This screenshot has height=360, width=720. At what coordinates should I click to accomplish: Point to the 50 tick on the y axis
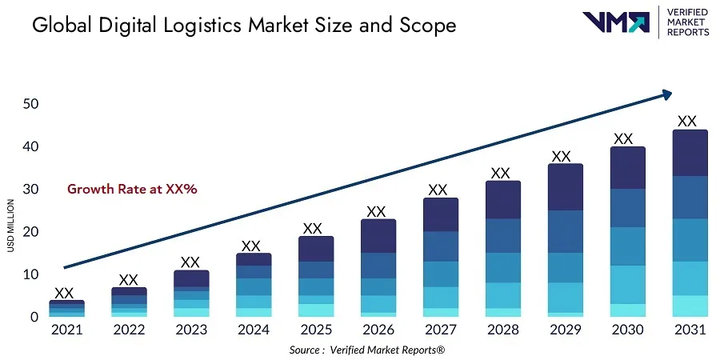30,104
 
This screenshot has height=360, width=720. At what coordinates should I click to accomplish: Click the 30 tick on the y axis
30,190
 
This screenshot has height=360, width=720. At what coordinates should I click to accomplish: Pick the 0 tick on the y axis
34,318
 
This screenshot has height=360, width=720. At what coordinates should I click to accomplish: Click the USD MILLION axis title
10,225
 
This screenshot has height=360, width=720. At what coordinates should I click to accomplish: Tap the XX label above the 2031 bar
686,121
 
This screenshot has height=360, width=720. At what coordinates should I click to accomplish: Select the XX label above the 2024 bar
251,246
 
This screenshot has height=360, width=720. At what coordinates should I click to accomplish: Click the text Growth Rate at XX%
132,190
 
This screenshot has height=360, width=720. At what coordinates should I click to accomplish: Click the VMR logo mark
615,22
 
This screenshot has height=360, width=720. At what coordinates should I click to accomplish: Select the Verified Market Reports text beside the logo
687,22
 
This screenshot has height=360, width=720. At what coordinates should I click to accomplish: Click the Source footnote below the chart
367,350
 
